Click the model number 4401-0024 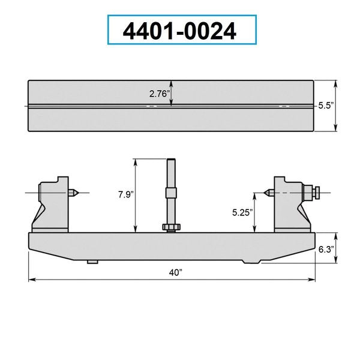[x=179, y=31]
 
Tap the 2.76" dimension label [x=160, y=94]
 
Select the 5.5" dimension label [x=326, y=106]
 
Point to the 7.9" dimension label [x=126, y=194]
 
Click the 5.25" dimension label [x=242, y=212]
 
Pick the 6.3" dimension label [x=326, y=249]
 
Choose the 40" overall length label [x=176, y=273]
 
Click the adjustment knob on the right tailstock [x=316, y=193]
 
